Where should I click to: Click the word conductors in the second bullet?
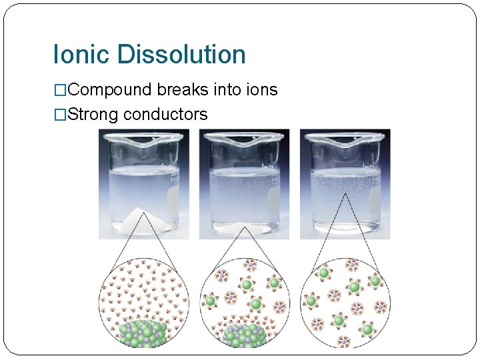pyautogui.click(x=165, y=114)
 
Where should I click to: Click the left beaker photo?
pyautogui.click(x=143, y=184)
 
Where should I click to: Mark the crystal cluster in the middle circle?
pyautogui.click(x=243, y=336)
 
